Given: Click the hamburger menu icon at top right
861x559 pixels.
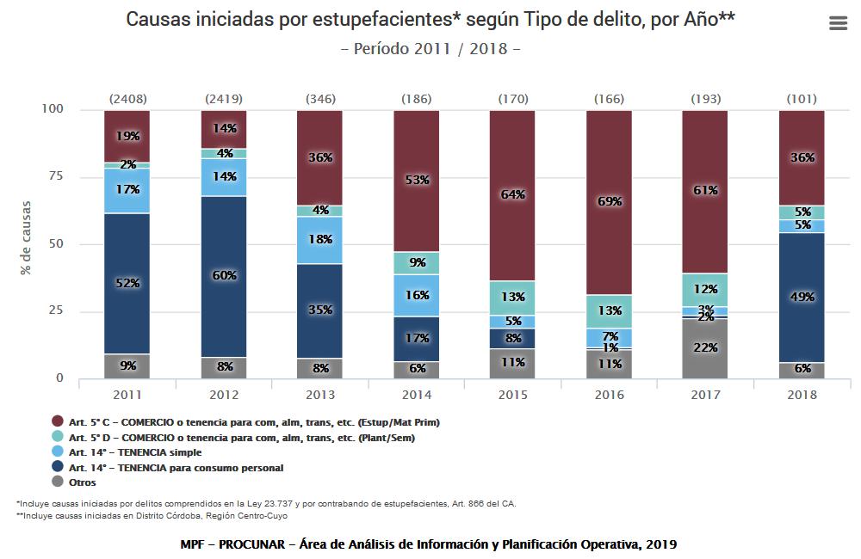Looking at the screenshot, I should [838, 24].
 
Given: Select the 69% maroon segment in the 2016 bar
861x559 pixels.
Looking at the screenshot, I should [609, 202].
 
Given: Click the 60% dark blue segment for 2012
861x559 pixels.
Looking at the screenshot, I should [224, 276].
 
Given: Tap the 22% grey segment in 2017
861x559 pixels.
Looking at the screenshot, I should [705, 348].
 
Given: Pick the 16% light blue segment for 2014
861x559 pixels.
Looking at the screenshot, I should [417, 296].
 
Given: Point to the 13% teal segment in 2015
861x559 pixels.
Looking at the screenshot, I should [512, 298].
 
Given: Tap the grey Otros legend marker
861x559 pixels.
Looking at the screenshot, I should [58, 482].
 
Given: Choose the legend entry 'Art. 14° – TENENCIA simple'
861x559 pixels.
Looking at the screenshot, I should [135, 452].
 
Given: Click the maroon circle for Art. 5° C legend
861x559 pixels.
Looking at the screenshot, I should [58, 422].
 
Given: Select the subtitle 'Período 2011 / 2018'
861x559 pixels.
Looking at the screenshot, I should [430, 48].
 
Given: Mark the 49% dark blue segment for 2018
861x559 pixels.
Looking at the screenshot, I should [801, 298].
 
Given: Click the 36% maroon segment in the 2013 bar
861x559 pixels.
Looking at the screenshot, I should [320, 158].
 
